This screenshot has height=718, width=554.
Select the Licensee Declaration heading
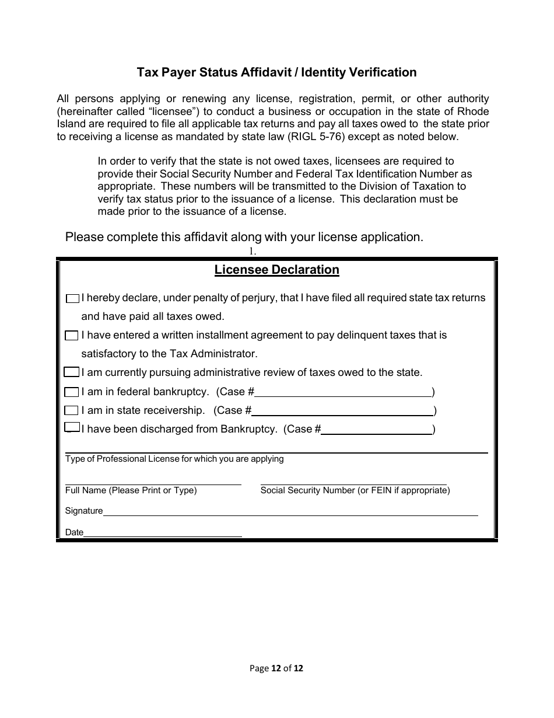pyautogui.click(x=276, y=270)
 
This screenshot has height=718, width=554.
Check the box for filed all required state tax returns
pyautogui.click(x=72, y=298)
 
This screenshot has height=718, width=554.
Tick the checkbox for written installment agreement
pyautogui.click(x=71, y=336)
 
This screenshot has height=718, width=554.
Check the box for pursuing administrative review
pyautogui.click(x=71, y=372)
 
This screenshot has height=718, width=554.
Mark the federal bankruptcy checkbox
pyautogui.click(x=71, y=392)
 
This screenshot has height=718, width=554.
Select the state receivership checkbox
pyautogui.click(x=71, y=410)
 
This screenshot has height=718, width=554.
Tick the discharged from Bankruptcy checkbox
pyautogui.click(x=71, y=428)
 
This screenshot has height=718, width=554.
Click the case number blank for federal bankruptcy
pyautogui.click(x=343, y=392)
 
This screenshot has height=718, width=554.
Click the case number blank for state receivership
pyautogui.click(x=342, y=411)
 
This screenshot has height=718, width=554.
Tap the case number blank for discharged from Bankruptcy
pyautogui.click(x=376, y=430)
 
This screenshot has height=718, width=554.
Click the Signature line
pyautogui.click(x=290, y=511)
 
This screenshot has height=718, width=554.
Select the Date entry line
pyautogui.click(x=163, y=532)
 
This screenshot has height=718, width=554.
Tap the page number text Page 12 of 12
pyautogui.click(x=276, y=668)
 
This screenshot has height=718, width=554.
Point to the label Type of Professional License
pyautogui.click(x=174, y=459)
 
